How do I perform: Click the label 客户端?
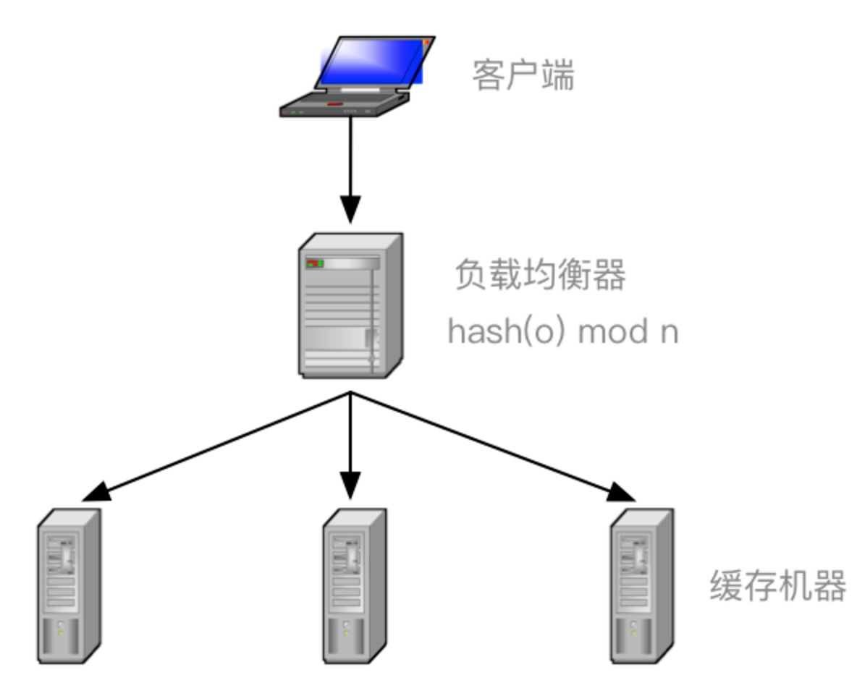[x=523, y=75]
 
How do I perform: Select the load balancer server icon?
[x=350, y=305]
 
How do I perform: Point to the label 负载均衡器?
[x=539, y=275]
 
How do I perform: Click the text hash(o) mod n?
[x=562, y=331]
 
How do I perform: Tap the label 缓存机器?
[x=777, y=586]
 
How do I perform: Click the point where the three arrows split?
[x=351, y=393]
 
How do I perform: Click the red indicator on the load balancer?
[x=312, y=263]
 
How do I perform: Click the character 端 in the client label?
[x=558, y=75]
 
